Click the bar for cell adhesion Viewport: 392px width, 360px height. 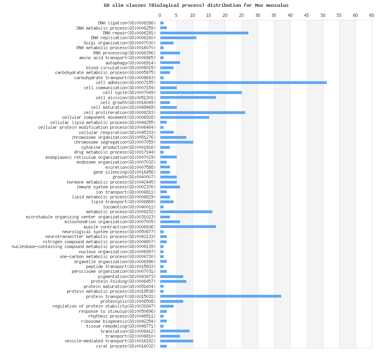[243, 82]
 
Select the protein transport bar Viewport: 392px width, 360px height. [220, 296]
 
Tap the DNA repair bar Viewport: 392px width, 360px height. [204, 33]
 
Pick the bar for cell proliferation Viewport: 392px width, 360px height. [202, 112]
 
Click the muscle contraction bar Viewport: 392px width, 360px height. [188, 226]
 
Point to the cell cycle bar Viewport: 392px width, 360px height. [201, 92]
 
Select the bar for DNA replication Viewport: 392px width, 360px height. [178, 38]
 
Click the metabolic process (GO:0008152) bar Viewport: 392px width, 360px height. [186, 212]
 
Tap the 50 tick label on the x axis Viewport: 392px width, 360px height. [323, 15]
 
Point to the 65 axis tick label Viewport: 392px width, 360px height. [372, 15]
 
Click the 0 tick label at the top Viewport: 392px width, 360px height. [160, 15]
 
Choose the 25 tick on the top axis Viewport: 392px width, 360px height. [242, 15]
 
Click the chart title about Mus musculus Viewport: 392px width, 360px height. [196, 5]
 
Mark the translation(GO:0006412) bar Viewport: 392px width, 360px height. [175, 331]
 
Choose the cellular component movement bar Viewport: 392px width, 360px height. [184, 117]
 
